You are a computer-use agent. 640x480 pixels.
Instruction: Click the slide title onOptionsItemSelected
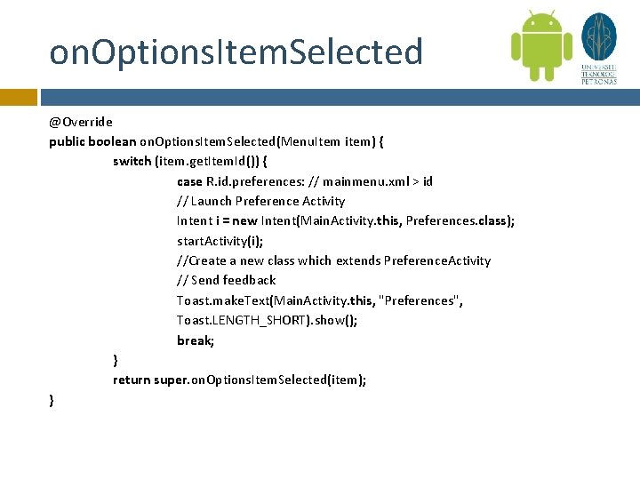(236, 52)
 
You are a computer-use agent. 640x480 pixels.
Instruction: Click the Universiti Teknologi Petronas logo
(598, 49)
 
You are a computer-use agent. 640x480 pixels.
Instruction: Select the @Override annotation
(81, 122)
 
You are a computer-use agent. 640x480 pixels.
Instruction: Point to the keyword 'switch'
(132, 161)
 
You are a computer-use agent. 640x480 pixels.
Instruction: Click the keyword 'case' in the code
(190, 181)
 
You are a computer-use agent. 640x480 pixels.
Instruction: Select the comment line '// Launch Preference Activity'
(260, 201)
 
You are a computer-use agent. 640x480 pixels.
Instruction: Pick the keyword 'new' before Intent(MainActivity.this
(245, 220)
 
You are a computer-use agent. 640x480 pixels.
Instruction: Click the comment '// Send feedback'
(226, 279)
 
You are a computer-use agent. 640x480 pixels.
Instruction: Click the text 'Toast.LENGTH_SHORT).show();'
(267, 320)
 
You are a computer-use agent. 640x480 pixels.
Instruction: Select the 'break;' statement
(196, 340)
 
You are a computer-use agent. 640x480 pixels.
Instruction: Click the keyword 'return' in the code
(131, 380)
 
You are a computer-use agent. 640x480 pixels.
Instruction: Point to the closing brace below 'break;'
(116, 360)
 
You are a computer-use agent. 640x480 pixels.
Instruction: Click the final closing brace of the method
(52, 400)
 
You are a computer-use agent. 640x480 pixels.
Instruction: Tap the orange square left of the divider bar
(18, 96)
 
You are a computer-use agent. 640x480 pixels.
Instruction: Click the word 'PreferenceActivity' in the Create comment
(436, 260)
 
